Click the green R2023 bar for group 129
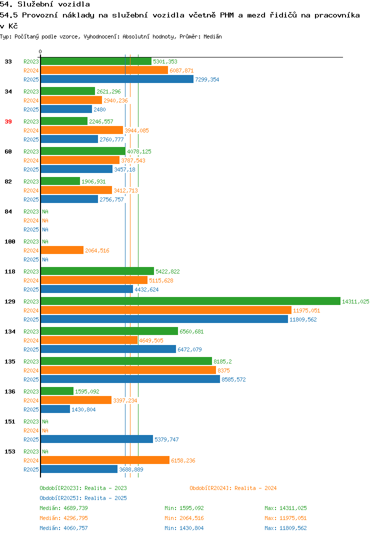(190, 301)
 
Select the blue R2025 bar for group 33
(117, 79)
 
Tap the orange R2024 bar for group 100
(62, 250)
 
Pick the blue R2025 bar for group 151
(97, 439)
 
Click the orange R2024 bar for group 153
(105, 460)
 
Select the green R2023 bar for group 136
(57, 391)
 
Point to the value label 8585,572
(233, 379)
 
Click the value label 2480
(99, 109)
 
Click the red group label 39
(8, 121)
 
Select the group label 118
(10, 271)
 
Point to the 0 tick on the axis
(40, 51)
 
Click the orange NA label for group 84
(45, 220)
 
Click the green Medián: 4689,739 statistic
(63, 508)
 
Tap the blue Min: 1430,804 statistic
(184, 528)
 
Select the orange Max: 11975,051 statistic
(285, 518)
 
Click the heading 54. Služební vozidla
(45, 4)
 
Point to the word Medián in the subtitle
(212, 36)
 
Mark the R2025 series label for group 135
(31, 379)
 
